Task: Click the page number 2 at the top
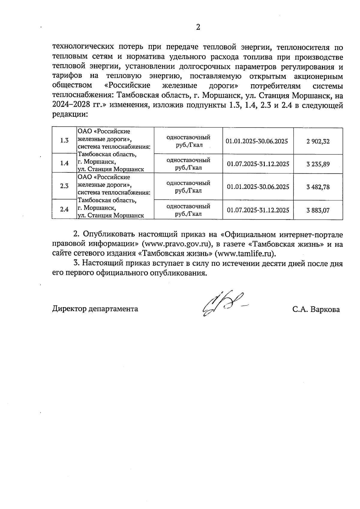198,27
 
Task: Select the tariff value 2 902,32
318,141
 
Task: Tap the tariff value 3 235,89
318,164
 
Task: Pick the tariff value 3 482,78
318,187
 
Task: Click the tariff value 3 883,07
318,210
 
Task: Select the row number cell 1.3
64,140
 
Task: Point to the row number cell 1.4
64,163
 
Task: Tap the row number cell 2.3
64,186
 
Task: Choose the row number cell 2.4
64,209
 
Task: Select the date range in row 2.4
258,210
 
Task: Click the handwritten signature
223,304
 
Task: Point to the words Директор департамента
95,309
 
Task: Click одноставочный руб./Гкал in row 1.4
188,164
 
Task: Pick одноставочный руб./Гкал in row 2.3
188,187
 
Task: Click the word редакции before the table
70,115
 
